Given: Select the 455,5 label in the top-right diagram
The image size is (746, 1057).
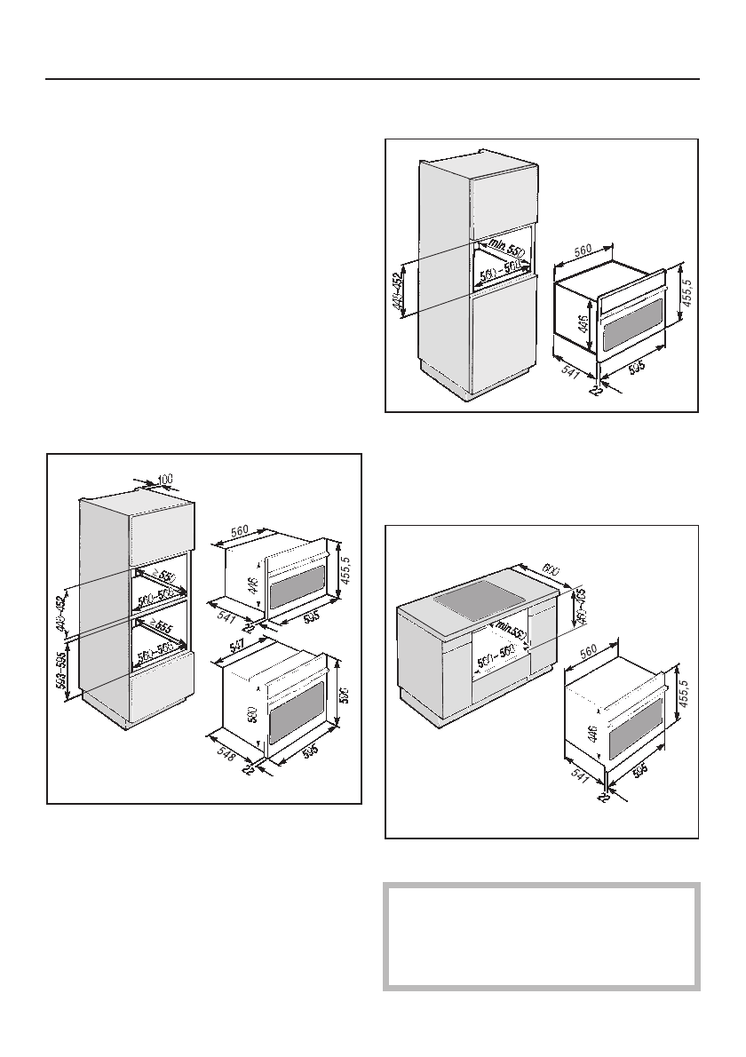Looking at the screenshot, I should click(689, 289).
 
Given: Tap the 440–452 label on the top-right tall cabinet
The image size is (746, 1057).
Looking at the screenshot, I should click(401, 288).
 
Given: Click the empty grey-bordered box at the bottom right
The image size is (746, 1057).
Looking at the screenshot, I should click(542, 936).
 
